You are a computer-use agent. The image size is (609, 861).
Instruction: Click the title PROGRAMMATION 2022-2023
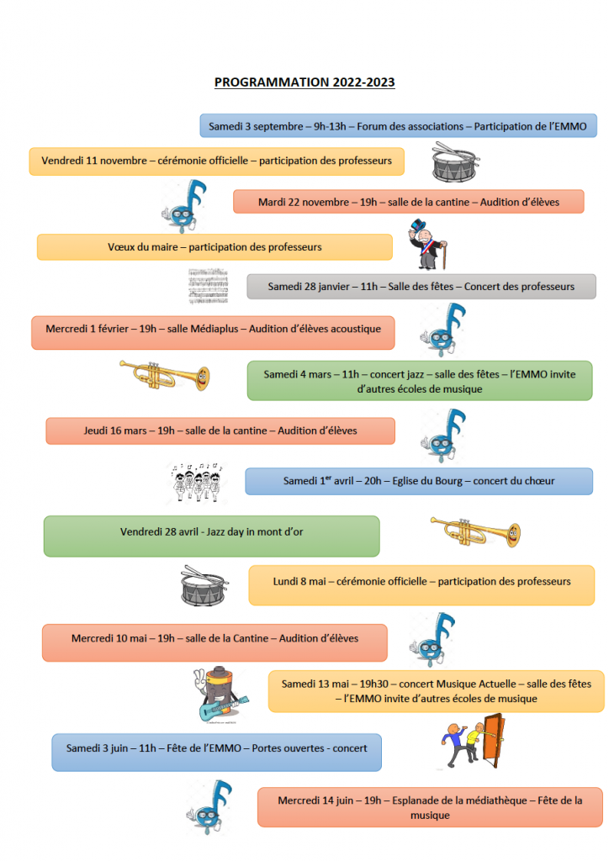click(304, 82)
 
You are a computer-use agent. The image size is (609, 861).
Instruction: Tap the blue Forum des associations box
click(398, 126)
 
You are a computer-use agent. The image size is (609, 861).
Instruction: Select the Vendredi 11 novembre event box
click(217, 161)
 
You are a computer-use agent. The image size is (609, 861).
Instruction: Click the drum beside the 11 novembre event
click(455, 162)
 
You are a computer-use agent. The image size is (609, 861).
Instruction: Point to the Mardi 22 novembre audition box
click(409, 202)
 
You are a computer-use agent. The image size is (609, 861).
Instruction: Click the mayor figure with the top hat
click(428, 245)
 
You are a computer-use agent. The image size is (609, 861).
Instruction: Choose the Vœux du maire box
click(214, 247)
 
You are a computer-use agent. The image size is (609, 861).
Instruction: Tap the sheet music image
click(208, 286)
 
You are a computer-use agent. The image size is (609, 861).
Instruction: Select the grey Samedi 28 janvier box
click(421, 286)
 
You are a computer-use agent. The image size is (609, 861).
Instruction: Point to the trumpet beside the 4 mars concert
click(165, 376)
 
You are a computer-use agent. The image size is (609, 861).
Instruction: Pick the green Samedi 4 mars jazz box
click(420, 381)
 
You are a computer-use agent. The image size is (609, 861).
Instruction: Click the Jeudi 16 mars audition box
click(220, 430)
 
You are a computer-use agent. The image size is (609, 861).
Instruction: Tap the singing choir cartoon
click(197, 482)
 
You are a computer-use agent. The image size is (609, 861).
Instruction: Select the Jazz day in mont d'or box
click(211, 536)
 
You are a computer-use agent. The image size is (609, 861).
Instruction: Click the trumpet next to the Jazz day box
click(475, 532)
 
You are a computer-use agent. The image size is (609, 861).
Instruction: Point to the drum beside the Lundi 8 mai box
click(204, 586)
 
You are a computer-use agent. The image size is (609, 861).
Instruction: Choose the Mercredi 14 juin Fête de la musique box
click(430, 807)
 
